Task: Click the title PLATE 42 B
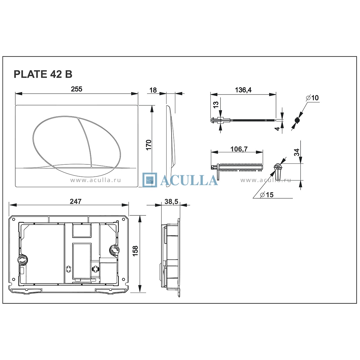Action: coord(43,74)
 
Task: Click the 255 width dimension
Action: coord(76,89)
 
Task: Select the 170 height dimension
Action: coord(149,145)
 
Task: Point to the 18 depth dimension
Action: coord(153,90)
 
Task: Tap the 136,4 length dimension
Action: coord(243,90)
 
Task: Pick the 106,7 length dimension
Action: coord(239,149)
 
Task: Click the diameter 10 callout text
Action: coord(313,98)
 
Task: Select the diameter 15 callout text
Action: coord(267,195)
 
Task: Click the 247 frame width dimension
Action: coord(76,201)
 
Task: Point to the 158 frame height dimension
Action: coord(135,251)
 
